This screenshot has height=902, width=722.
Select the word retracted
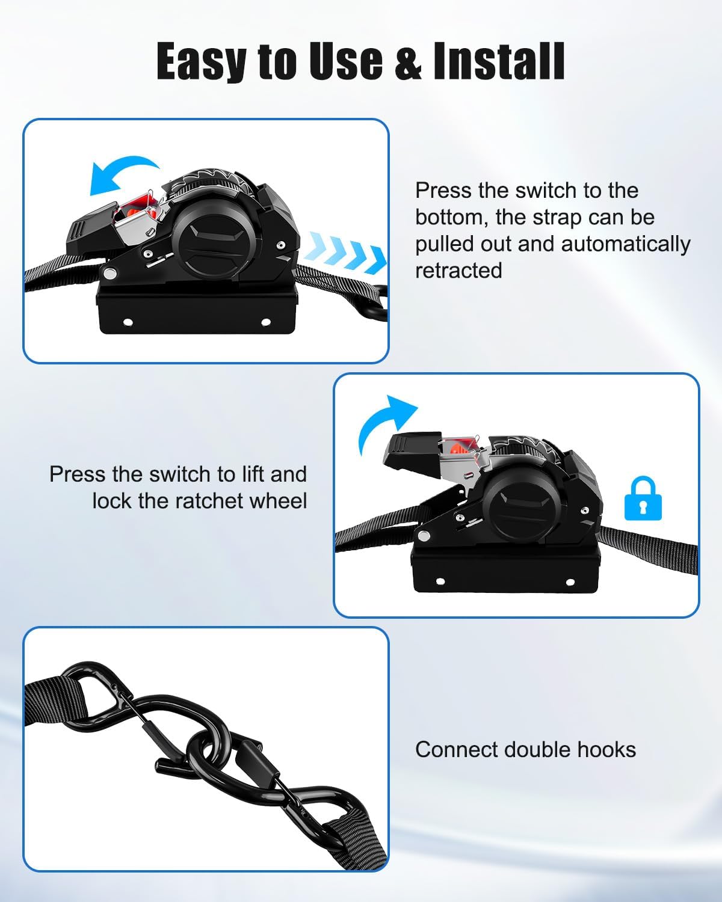click(x=458, y=271)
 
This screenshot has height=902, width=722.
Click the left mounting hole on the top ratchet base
click(x=127, y=322)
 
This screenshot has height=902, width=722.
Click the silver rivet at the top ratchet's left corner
click(x=111, y=274)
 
